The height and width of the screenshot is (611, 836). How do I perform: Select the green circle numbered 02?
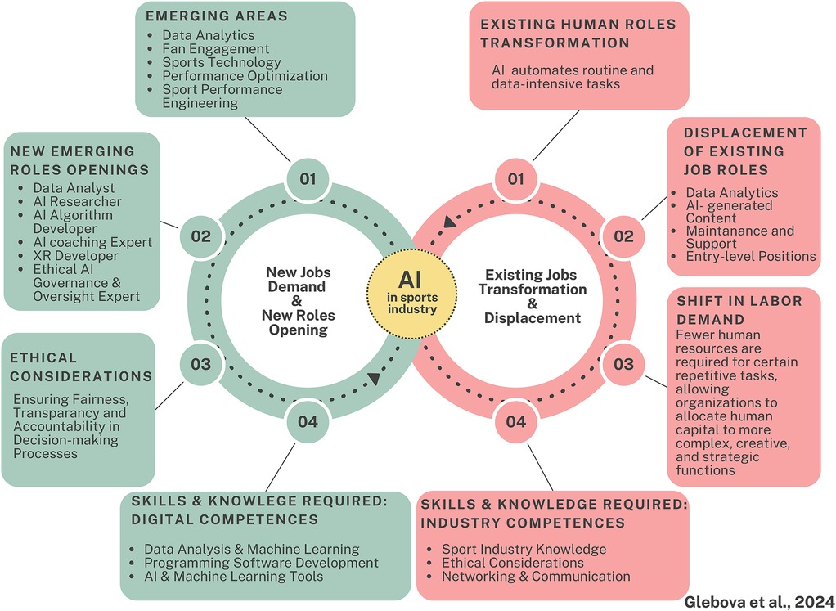point(200,237)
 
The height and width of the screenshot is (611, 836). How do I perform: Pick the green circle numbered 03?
point(200,364)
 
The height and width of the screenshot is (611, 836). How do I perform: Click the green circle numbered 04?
point(308,422)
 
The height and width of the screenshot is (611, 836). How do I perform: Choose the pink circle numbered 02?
point(623,237)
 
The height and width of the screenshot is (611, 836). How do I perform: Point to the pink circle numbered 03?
point(623,364)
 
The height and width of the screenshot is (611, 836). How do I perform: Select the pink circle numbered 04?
point(515,422)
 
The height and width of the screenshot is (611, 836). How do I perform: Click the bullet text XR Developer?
point(67,256)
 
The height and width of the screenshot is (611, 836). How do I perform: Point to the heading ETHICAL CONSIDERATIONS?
point(81,366)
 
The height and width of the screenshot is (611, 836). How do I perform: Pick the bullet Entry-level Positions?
point(751,256)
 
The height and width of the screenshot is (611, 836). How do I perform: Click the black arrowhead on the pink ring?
point(449,222)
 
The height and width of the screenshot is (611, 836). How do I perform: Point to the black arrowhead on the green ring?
point(373,378)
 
